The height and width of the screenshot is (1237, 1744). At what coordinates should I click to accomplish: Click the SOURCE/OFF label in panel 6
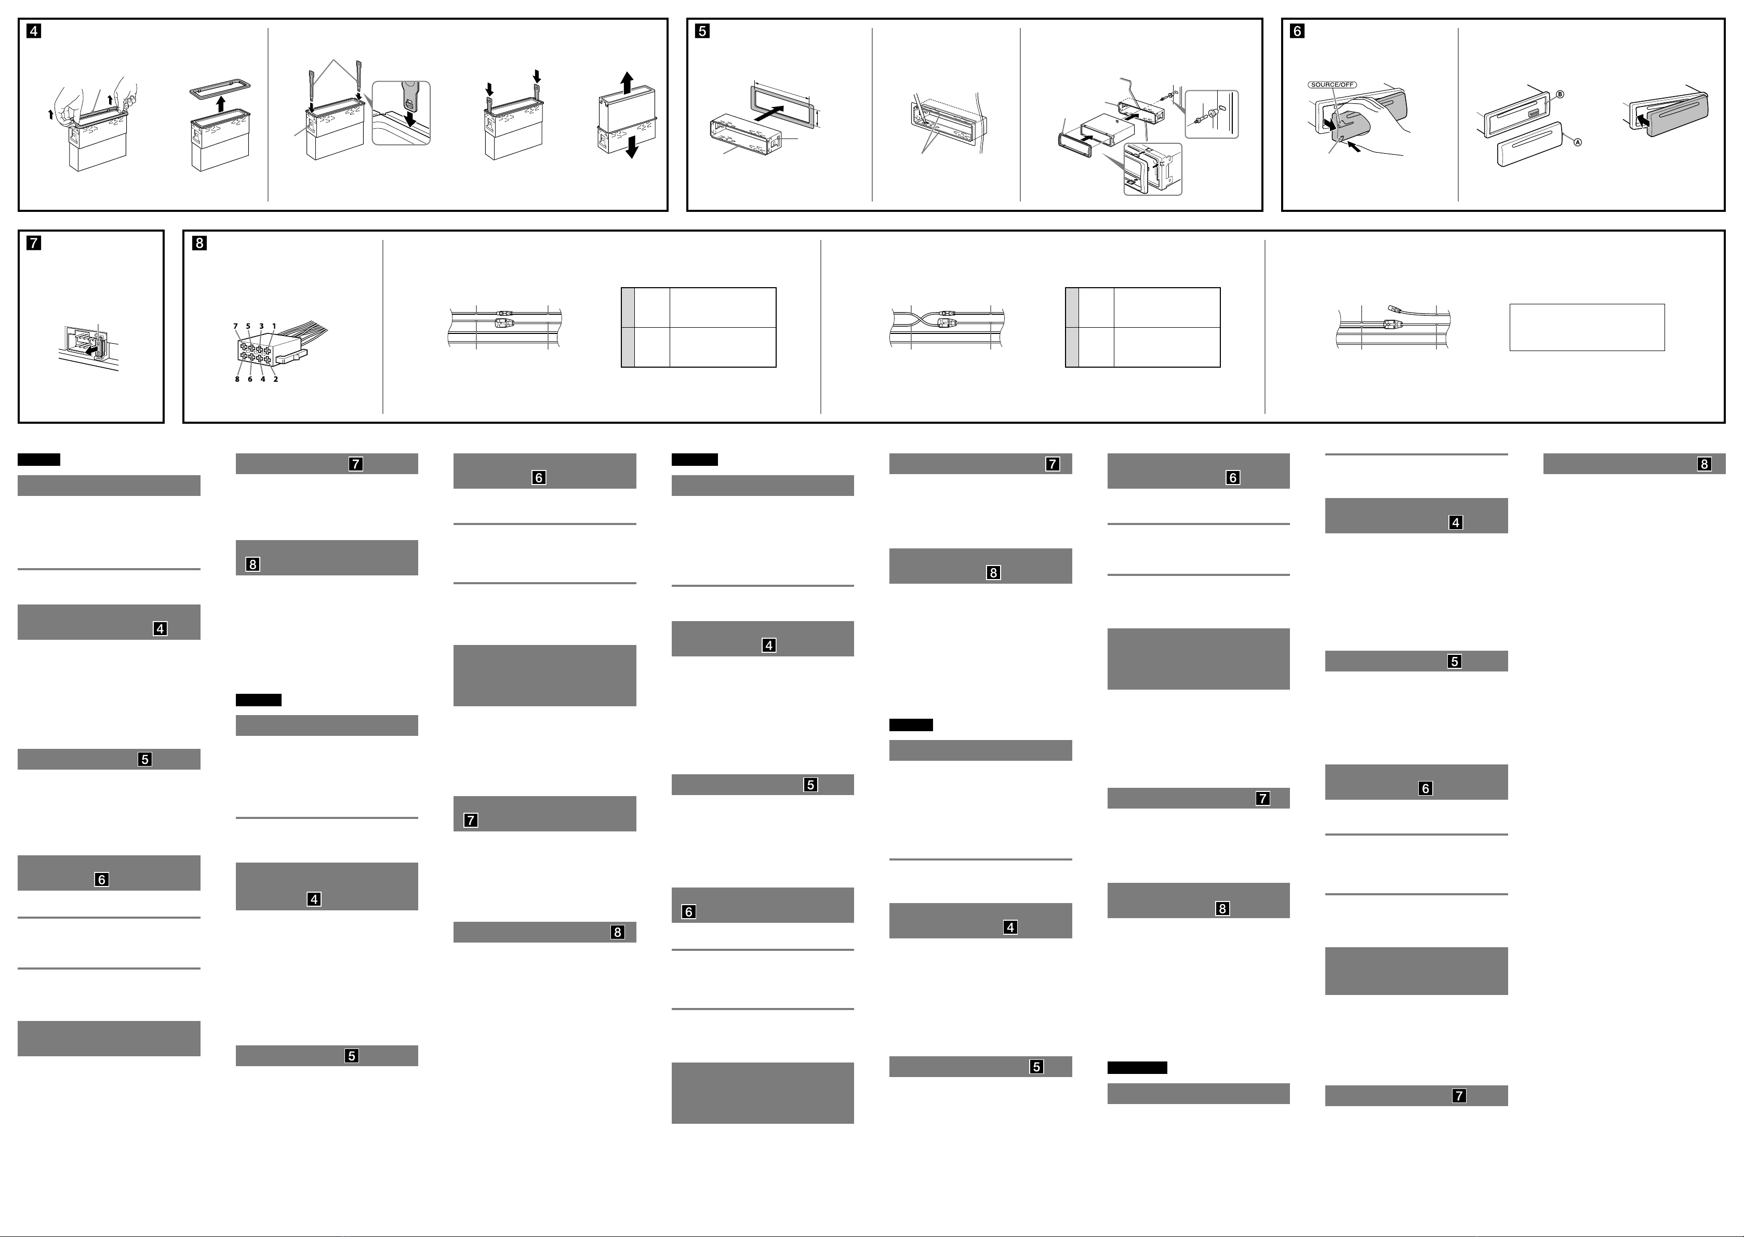[1333, 85]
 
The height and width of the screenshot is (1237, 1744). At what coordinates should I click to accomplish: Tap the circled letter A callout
[1578, 142]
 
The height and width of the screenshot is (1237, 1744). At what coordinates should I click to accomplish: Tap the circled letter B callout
[1560, 95]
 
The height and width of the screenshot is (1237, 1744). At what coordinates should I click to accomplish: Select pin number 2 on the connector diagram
[276, 379]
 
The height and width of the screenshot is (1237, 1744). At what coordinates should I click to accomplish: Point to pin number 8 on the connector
[237, 379]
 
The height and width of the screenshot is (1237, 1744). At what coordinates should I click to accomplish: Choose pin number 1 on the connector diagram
[274, 326]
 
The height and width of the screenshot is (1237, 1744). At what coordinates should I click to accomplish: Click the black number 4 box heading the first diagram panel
[34, 31]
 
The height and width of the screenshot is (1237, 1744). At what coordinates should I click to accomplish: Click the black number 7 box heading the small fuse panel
[34, 243]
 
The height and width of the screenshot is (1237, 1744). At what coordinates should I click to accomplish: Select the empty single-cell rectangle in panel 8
[1587, 328]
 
